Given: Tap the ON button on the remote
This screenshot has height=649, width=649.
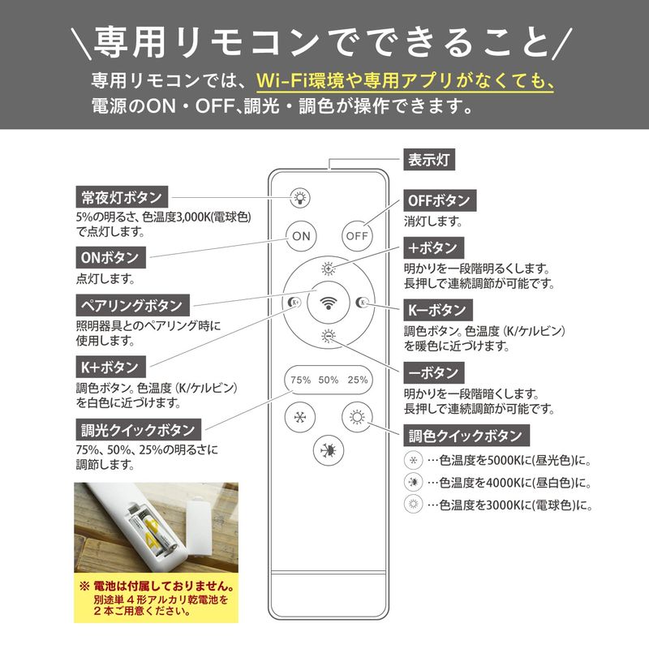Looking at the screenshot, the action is (301, 236).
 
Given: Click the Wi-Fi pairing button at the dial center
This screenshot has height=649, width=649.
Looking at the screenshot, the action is (329, 303).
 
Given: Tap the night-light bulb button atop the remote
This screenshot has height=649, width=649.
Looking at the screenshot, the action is (299, 198).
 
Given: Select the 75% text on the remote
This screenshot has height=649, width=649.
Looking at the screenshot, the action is (300, 380).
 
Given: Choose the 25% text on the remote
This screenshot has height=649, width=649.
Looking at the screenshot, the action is (358, 380).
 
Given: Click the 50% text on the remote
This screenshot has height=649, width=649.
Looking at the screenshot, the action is (329, 380).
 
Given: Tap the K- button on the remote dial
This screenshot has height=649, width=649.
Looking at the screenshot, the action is (362, 303).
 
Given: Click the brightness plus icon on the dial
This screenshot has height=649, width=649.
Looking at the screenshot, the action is (329, 269).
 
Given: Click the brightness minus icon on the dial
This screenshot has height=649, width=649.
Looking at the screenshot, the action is (329, 336).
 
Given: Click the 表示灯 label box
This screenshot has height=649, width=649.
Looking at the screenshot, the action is (429, 160).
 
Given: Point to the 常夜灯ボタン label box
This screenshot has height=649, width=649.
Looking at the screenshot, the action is (122, 197).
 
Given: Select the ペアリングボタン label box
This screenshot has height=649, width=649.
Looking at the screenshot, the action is (132, 306).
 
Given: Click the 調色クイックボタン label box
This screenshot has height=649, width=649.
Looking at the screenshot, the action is (466, 436).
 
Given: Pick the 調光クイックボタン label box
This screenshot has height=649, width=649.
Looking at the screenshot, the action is (138, 430).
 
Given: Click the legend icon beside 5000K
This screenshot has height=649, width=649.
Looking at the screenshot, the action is (413, 460).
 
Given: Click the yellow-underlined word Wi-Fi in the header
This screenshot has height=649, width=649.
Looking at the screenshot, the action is (282, 80).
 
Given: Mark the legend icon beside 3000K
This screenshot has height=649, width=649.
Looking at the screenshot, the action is (413, 504).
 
